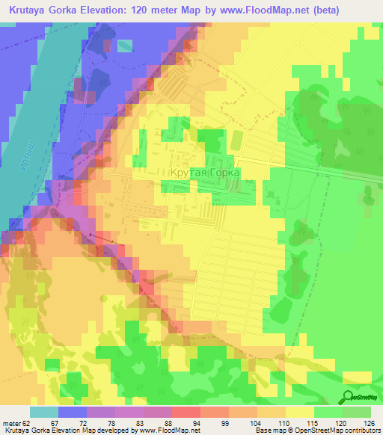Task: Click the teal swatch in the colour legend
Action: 44,412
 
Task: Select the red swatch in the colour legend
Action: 186,412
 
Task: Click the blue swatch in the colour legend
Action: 73,412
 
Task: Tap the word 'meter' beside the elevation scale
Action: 12,423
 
